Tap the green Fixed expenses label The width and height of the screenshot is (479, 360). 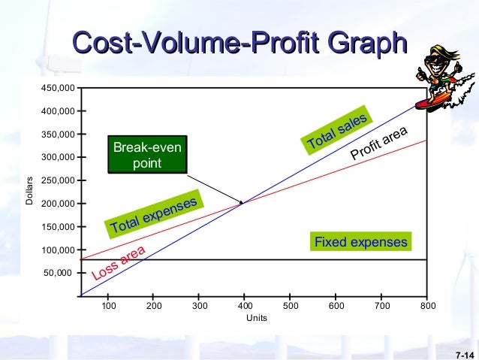click(x=360, y=242)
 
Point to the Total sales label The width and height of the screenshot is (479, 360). click(x=337, y=130)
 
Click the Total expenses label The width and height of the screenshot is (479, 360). click(x=154, y=214)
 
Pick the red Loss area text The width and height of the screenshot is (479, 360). click(x=117, y=265)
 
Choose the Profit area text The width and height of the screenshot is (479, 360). click(x=378, y=144)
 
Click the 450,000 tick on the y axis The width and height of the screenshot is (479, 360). click(x=58, y=88)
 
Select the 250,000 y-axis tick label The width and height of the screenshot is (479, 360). click(x=58, y=180)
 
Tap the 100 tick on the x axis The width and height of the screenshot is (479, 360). click(x=108, y=307)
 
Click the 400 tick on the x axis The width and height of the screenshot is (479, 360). click(x=245, y=307)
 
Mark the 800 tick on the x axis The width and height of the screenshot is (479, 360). click(x=427, y=307)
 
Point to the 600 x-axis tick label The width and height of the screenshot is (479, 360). click(x=336, y=307)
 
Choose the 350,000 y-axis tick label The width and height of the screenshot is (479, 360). click(x=58, y=135)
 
